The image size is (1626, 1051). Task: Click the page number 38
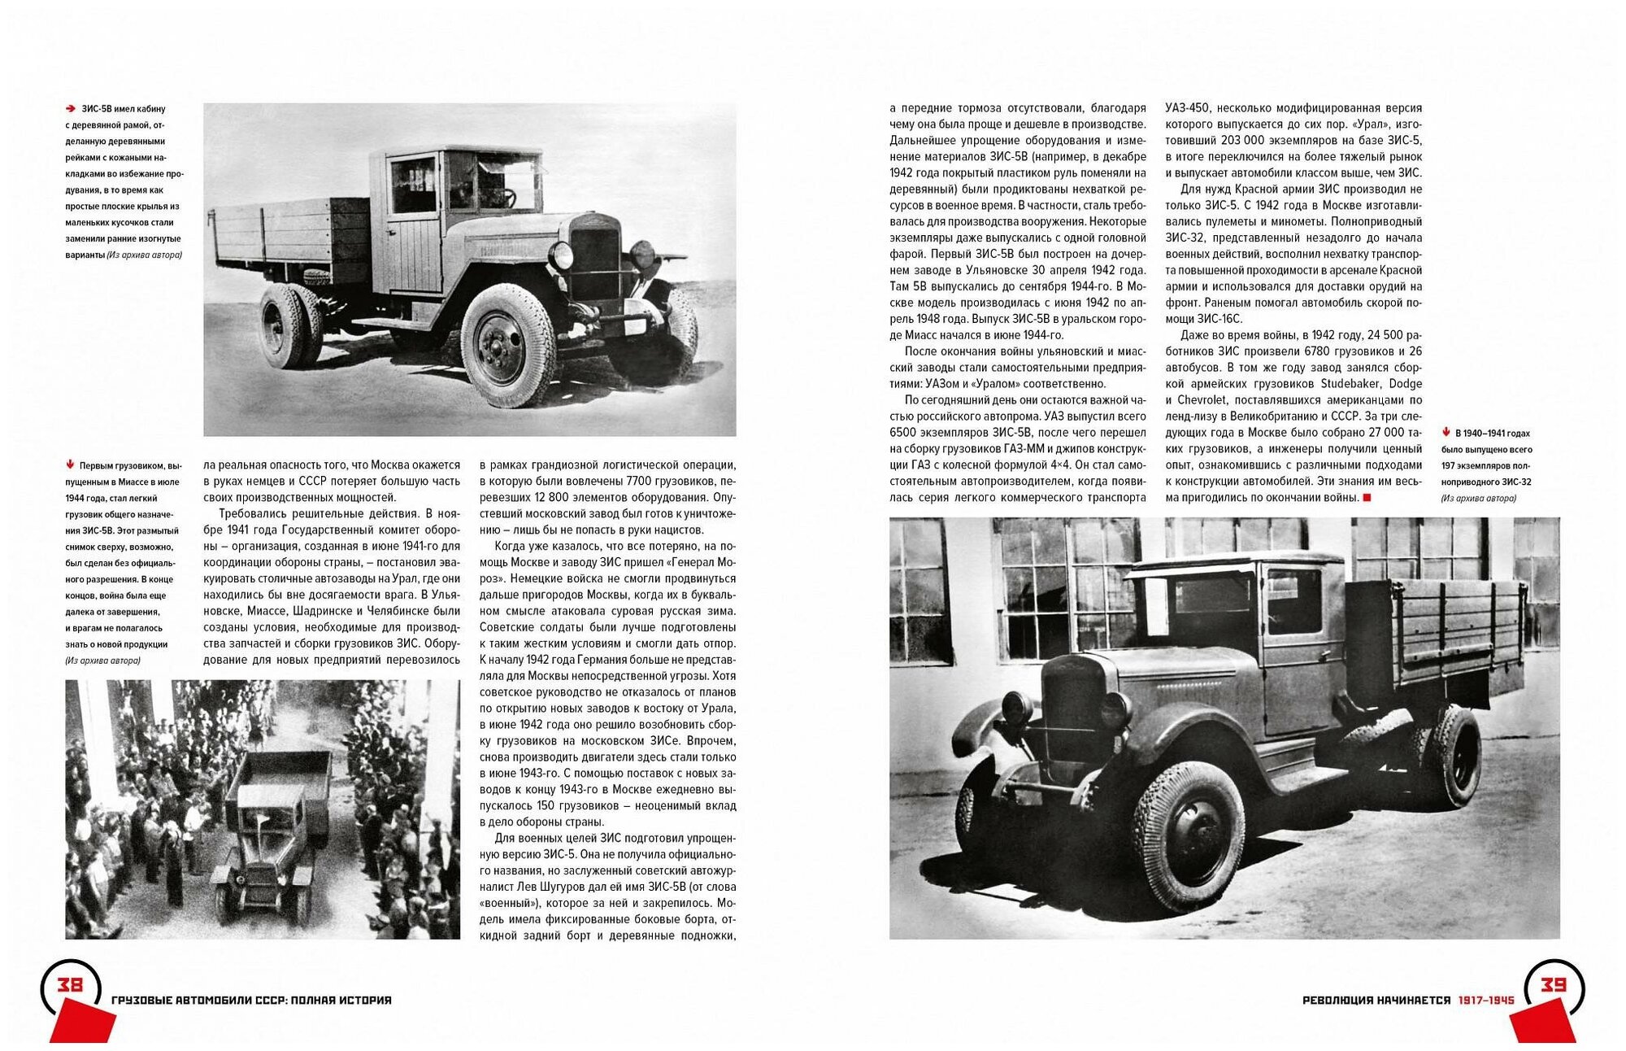click(69, 985)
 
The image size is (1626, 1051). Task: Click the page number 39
click(1553, 985)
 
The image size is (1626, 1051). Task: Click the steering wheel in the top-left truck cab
click(503, 196)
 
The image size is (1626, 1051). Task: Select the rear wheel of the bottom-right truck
click(1450, 756)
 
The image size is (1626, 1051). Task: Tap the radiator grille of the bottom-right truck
click(1072, 707)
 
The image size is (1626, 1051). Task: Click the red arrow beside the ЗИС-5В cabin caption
click(72, 108)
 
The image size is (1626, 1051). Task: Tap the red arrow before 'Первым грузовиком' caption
click(71, 465)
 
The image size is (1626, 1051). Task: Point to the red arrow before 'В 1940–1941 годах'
click(1447, 433)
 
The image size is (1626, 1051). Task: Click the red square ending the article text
click(1367, 497)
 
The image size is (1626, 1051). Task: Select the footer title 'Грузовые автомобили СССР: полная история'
click(250, 1000)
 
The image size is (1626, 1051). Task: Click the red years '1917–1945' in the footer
click(1486, 1000)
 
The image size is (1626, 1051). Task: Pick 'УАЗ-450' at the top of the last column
click(1188, 107)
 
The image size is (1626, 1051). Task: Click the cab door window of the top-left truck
click(414, 185)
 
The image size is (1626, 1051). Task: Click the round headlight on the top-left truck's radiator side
click(561, 255)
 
